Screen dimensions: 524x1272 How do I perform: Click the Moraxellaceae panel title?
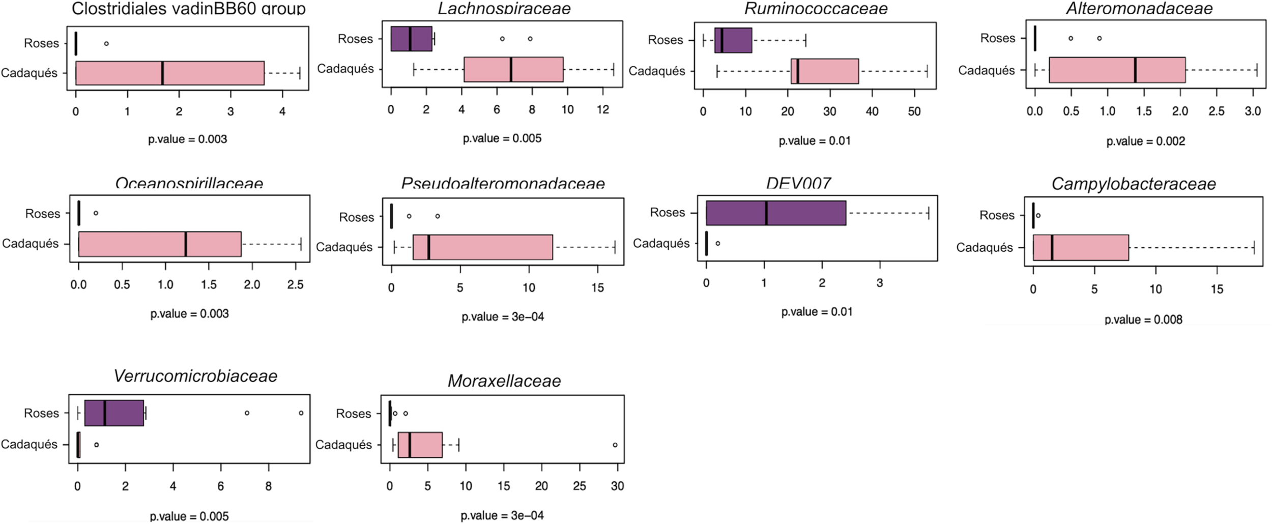tap(504, 381)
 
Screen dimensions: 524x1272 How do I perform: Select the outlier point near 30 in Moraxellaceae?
tap(615, 445)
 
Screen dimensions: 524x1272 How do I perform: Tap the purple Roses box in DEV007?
tap(776, 213)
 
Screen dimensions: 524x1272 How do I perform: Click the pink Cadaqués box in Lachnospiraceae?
tap(513, 69)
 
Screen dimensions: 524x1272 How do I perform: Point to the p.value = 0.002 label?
tap(1146, 141)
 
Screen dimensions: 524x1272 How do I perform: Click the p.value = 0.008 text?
tap(1143, 319)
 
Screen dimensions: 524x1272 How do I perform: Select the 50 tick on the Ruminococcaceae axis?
tap(914, 111)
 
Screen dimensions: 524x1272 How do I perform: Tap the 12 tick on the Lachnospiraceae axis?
tap(603, 109)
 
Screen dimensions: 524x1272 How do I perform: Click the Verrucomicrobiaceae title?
tap(195, 376)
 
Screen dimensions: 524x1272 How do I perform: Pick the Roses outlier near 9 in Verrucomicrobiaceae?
tap(301, 413)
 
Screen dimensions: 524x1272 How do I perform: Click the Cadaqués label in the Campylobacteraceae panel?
tap(985, 248)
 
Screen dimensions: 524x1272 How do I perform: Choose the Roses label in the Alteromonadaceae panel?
tap(998, 38)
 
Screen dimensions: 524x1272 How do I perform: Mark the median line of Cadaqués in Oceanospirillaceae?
tap(186, 244)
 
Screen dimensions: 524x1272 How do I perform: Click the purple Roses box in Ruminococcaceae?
tap(733, 40)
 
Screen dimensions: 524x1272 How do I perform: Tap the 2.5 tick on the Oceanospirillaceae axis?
tap(295, 285)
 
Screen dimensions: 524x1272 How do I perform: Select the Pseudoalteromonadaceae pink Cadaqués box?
tap(482, 247)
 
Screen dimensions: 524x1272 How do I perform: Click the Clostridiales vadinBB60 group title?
tap(188, 8)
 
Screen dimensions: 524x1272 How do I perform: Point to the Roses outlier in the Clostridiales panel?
tap(106, 44)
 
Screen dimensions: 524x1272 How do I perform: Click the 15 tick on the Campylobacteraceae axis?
tap(1217, 289)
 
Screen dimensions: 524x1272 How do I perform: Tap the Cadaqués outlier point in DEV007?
tap(718, 244)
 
